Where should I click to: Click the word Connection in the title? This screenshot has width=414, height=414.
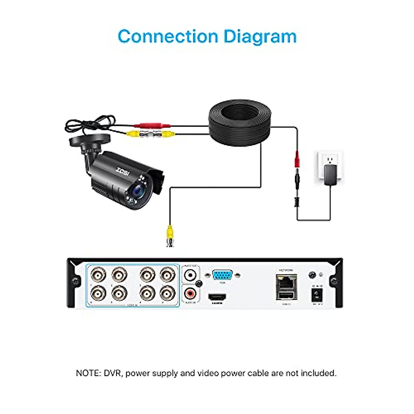pyautogui.click(x=168, y=37)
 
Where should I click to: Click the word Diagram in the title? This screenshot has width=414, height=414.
pyautogui.click(x=260, y=37)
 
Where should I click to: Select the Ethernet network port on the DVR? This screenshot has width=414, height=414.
pyautogui.click(x=285, y=281)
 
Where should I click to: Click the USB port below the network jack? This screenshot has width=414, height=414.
pyautogui.click(x=285, y=296)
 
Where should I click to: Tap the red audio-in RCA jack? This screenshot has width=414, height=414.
pyautogui.click(x=190, y=294)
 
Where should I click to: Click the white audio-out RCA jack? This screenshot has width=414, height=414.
pyautogui.click(x=190, y=275)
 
